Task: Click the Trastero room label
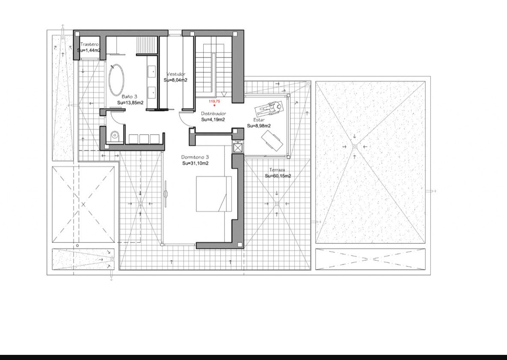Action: click(x=89, y=44)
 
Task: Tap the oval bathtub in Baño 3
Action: click(x=116, y=80)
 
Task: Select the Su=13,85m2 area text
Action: click(x=130, y=103)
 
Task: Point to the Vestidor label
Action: click(x=176, y=74)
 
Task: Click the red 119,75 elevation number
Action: click(x=214, y=101)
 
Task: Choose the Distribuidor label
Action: click(x=213, y=113)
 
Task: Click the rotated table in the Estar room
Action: click(x=272, y=140)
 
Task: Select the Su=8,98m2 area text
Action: click(x=259, y=126)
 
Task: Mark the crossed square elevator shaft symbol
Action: click(x=237, y=148)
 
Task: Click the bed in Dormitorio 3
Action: click(x=214, y=194)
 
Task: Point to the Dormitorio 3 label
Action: click(x=195, y=157)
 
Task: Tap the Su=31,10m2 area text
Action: click(x=195, y=163)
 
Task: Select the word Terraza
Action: click(x=277, y=170)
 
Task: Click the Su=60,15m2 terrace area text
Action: click(x=278, y=176)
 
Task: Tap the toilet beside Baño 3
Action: click(x=115, y=136)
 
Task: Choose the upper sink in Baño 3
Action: click(x=151, y=72)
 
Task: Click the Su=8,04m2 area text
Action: click(x=175, y=80)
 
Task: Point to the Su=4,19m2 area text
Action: click(x=213, y=120)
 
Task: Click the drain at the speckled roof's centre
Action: click(x=355, y=147)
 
